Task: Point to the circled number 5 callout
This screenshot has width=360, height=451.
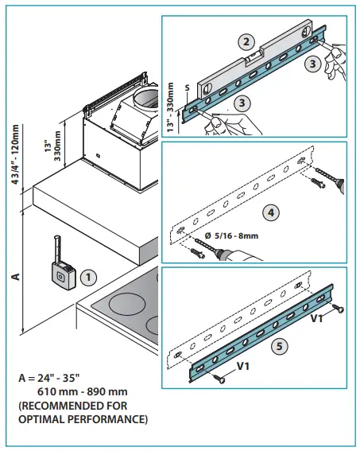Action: click(x=277, y=346)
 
